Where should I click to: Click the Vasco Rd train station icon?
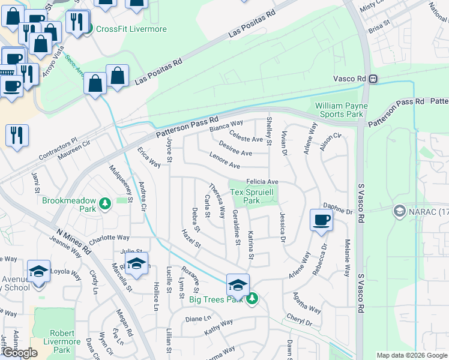pos(373,79)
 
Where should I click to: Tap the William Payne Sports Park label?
pos(339,110)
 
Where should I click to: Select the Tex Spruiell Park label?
pos(252,196)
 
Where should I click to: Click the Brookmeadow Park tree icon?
pos(106,204)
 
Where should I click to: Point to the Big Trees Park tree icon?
pos(253,298)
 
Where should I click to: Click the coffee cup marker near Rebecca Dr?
pos(321,220)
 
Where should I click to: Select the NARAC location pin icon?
pos(399,211)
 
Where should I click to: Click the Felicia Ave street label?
pos(262,181)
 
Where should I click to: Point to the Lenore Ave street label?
pos(224,161)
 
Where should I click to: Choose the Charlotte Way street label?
pos(109,238)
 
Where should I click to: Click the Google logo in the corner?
pos(19,353)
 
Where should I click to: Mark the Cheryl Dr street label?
pos(300,320)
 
